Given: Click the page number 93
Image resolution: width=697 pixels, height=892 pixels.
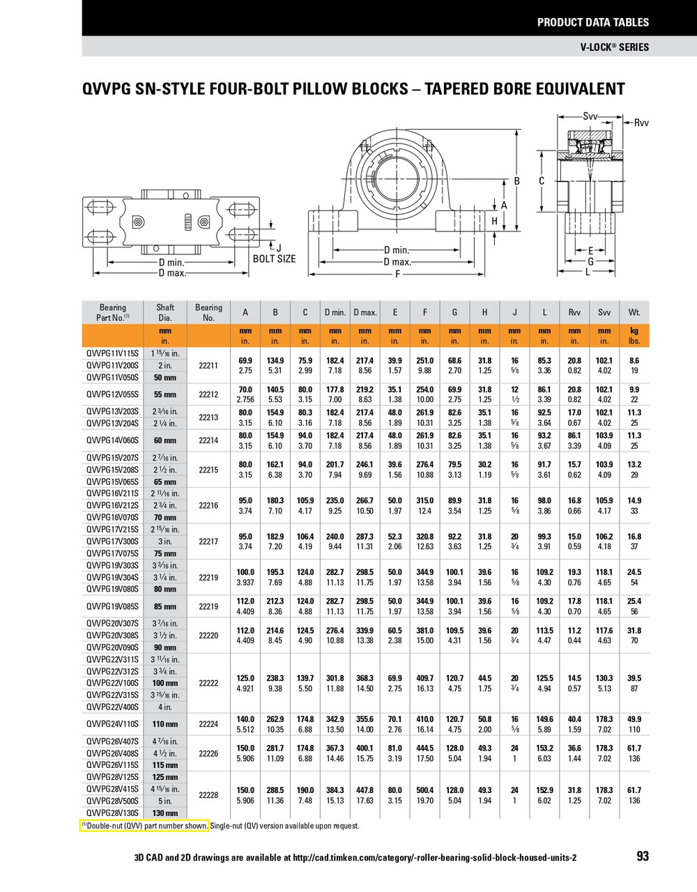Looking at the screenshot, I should [642, 856].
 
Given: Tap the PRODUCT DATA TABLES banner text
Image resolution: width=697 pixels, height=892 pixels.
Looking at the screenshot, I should [592, 22].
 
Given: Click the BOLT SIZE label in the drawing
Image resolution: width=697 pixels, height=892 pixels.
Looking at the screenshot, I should [274, 259].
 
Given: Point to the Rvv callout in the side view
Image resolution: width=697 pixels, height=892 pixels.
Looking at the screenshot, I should [641, 123].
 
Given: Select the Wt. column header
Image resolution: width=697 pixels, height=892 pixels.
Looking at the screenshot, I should [634, 312].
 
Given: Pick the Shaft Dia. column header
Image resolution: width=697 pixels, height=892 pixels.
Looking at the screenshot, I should [165, 312].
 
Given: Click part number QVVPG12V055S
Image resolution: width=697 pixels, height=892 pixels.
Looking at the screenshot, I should [112, 394].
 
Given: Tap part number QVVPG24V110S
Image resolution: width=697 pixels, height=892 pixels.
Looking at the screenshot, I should [112, 724].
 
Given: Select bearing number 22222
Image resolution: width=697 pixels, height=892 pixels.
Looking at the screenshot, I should [208, 683].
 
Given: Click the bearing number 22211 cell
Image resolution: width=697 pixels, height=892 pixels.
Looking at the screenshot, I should [208, 365].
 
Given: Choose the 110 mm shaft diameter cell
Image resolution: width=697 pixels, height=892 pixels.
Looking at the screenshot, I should [165, 724].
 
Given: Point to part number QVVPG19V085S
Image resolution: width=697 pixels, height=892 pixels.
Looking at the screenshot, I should [112, 606].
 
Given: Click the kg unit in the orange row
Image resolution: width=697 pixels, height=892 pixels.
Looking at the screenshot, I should [634, 331].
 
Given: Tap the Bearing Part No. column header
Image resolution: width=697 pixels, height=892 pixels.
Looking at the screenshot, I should [113, 312].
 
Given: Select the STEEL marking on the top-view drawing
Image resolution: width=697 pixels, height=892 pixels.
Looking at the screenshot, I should [187, 222].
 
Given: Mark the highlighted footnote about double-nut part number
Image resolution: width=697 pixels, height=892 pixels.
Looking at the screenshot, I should [145, 826].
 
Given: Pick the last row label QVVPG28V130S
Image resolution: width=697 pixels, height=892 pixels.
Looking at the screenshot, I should [112, 813].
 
